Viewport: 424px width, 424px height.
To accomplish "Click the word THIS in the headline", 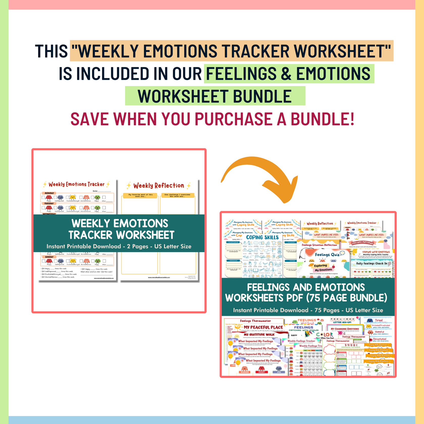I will coord(51,51).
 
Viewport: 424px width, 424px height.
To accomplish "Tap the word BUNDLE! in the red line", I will coord(323,119).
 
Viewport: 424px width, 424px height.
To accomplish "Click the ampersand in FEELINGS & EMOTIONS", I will coord(286,74).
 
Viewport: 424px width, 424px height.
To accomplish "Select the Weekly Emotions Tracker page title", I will coord(76,184).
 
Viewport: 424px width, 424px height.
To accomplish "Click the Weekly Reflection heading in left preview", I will coord(158,185).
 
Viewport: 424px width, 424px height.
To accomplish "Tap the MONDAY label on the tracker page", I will coord(49,193).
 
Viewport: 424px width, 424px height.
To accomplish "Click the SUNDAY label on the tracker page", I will coord(49,257).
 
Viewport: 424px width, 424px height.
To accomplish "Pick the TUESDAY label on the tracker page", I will coord(49,203).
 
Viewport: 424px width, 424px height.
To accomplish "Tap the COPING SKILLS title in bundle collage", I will coord(262,237).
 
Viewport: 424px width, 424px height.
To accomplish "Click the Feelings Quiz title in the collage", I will coord(327,255).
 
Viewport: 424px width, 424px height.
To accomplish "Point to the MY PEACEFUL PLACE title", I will coord(263,327).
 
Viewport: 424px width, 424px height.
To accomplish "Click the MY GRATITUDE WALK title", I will coord(259,334).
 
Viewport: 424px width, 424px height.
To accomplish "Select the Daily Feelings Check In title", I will coord(372,263).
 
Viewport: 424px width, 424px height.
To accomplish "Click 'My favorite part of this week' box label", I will coord(140,195).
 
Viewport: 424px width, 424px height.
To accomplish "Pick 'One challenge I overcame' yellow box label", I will coord(177,195).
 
